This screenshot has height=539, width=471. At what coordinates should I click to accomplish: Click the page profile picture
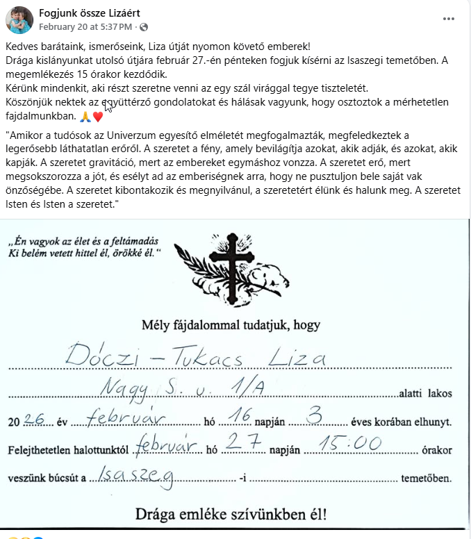19,19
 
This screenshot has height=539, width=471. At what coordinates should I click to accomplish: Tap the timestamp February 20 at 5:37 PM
85,27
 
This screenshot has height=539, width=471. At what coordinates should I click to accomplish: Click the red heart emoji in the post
98,116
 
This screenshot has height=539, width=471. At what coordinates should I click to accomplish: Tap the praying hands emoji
85,116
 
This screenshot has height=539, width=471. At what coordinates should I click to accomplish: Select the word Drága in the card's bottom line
158,515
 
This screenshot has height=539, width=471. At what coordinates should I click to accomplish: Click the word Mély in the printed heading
155,324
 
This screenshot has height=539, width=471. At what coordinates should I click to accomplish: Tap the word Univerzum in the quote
231,134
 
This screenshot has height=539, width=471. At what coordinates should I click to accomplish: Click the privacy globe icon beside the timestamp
144,27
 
